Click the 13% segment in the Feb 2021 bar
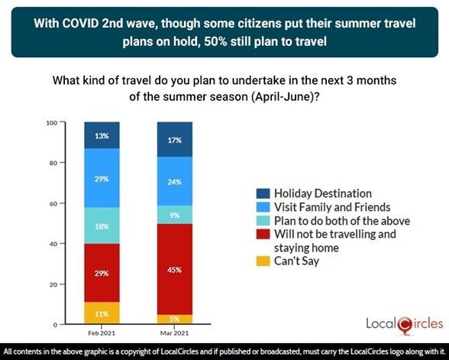[x=102, y=135]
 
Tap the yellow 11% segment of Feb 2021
[x=102, y=313]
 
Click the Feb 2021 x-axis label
[x=102, y=334]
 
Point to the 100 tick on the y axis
[x=52, y=122]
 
